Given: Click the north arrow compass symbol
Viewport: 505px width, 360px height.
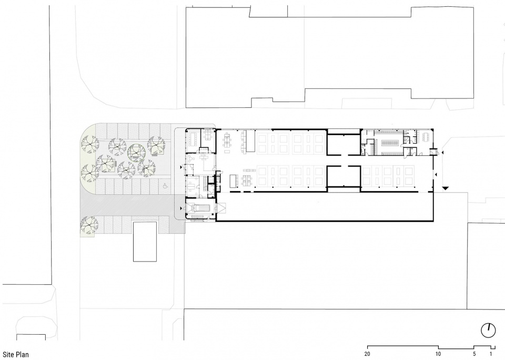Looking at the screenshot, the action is point(488,331).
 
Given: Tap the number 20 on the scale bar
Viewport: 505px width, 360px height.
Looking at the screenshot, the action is point(367,354).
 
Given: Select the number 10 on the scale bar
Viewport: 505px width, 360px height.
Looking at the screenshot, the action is point(438,354).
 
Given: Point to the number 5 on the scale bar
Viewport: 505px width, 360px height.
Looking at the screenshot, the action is point(474,354).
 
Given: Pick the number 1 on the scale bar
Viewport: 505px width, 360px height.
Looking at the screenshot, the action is point(491,354).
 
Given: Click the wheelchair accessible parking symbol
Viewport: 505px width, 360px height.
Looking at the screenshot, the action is point(165,186).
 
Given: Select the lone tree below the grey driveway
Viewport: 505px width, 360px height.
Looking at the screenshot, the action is point(89,225).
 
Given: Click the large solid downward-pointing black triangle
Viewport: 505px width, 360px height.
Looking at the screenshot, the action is point(445,188).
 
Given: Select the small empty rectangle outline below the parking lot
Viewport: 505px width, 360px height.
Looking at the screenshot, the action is point(145,242).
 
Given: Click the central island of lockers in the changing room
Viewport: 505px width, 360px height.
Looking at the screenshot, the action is point(391,142).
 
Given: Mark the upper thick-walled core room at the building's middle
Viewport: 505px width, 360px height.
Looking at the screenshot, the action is point(344,145).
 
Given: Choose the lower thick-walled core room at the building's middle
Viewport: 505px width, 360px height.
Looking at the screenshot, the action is point(344,177).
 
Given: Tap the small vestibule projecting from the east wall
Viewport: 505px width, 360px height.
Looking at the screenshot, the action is point(432,152).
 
